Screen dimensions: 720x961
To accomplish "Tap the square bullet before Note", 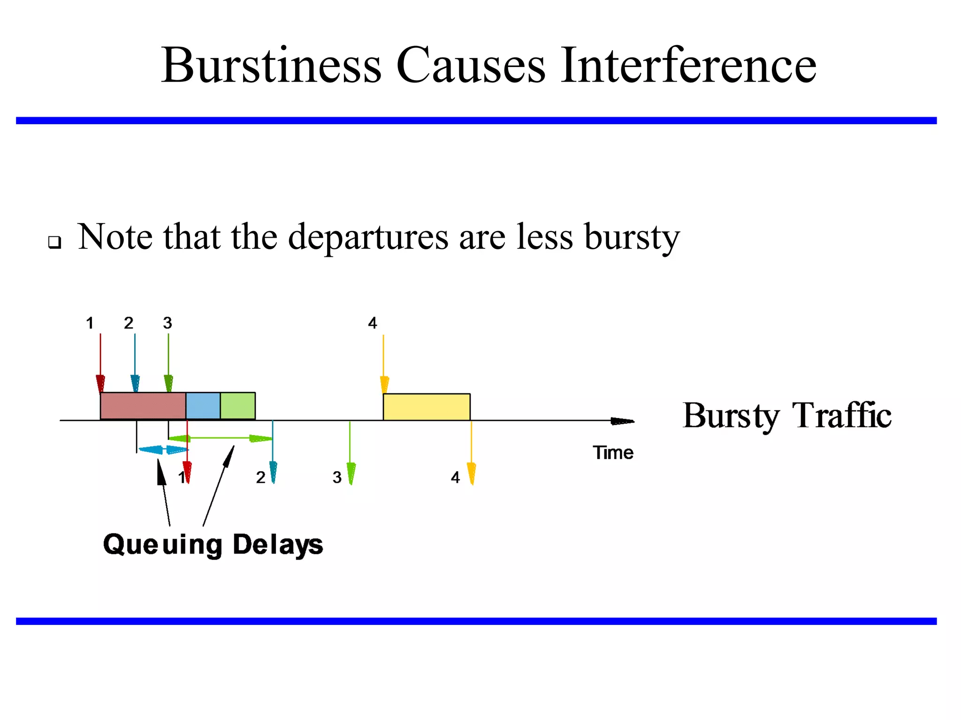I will [55, 242].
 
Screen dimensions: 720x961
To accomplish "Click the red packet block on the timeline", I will [143, 406].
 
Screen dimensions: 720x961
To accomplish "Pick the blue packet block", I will [203, 406].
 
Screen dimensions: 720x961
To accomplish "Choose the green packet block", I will [237, 406].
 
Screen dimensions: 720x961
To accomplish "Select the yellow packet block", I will [426, 407].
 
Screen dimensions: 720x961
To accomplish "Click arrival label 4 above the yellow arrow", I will [372, 323].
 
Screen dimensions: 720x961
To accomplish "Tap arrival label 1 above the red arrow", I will [90, 323].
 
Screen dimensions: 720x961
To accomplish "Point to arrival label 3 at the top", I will [168, 323].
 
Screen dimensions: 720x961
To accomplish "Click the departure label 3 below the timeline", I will [336, 478].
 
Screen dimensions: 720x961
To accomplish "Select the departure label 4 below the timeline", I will [455, 478].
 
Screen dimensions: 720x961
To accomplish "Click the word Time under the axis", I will [613, 453].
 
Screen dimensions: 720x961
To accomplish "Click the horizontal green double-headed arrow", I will [221, 438].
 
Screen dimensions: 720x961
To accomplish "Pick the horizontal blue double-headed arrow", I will [163, 450].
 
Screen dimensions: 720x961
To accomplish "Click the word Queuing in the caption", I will [162, 545].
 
